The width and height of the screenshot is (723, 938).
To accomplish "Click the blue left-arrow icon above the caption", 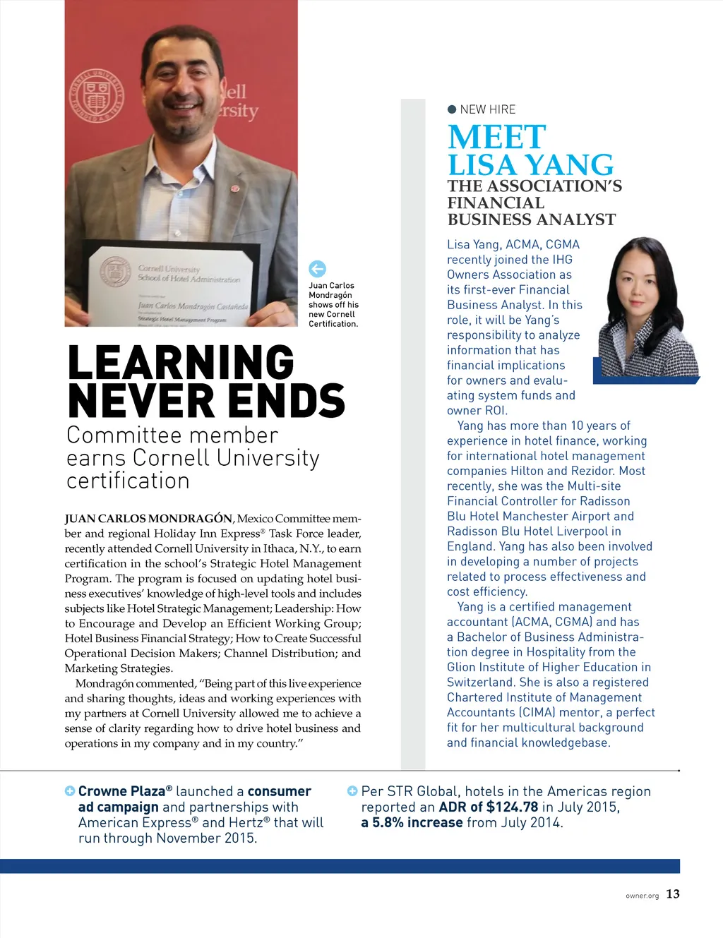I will (317, 269).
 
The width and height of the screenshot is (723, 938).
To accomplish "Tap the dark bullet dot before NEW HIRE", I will (452, 109).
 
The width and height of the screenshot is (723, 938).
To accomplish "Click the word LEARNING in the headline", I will (181, 363).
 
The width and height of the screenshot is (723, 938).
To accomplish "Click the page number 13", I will (673, 894).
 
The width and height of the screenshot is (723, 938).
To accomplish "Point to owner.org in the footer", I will (642, 896).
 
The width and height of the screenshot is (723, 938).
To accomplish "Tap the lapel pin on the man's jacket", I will (235, 189).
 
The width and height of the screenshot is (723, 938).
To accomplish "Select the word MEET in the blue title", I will (496, 137).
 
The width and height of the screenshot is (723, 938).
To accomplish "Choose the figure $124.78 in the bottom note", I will (512, 807).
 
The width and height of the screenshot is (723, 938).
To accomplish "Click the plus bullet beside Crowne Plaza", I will (70, 791).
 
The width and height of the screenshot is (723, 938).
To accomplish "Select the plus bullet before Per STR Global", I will (352, 791).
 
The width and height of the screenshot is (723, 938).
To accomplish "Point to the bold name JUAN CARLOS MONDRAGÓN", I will (148, 519).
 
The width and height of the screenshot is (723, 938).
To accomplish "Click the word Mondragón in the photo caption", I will (330, 295).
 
